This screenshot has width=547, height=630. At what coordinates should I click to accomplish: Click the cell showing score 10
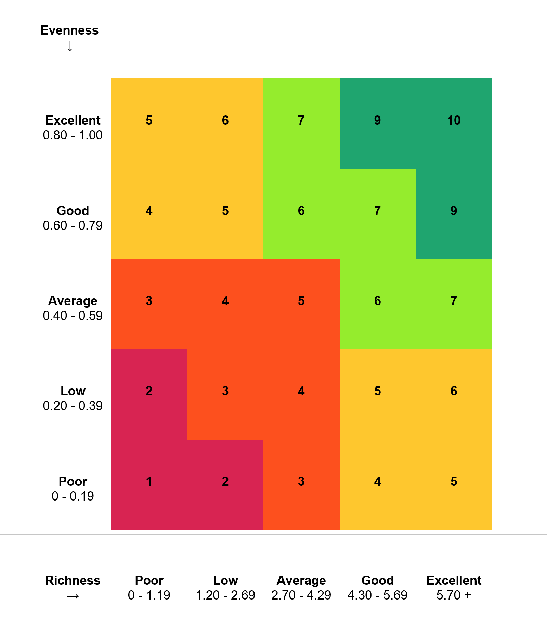454,121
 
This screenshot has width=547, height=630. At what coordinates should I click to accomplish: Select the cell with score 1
149,481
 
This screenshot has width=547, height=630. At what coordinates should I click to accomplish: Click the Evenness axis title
69,30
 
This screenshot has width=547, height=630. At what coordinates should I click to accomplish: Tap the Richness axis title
73,580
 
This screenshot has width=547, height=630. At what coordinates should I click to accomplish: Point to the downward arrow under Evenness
70,46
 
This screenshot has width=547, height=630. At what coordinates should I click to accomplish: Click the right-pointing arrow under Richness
73,596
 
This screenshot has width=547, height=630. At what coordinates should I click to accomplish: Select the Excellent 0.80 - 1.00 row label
73,128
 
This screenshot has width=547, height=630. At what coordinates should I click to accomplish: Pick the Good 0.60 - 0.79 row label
73,218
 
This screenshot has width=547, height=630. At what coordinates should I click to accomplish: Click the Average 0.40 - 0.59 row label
73,308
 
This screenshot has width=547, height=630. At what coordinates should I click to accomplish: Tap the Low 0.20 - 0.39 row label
73,398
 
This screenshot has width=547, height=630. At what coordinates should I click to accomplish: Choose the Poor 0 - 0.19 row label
73,489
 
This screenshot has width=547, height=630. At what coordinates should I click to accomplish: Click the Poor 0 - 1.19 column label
149,588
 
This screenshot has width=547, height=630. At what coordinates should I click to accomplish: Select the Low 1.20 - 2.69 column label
225,588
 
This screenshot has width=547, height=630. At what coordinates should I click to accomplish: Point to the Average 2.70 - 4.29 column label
301,588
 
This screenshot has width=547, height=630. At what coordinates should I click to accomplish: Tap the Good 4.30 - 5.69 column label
377,588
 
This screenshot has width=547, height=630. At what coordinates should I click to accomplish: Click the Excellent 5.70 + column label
454,588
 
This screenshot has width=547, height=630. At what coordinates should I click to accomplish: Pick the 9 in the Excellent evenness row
377,121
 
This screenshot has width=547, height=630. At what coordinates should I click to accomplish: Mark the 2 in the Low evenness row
149,391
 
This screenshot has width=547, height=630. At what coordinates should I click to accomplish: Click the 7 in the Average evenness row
454,301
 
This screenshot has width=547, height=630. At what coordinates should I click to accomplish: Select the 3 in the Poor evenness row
301,481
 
